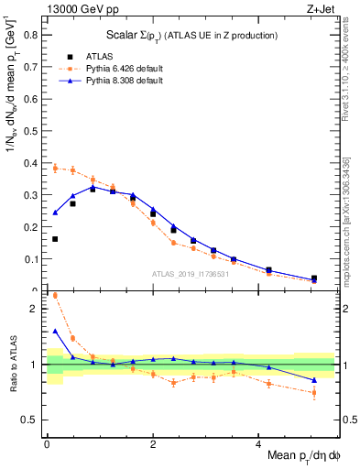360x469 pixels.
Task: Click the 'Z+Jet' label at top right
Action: [320, 10]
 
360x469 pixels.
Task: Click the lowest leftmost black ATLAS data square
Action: [55, 239]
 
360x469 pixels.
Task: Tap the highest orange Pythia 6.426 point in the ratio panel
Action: [55, 296]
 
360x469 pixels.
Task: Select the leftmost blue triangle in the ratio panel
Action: [55, 331]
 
